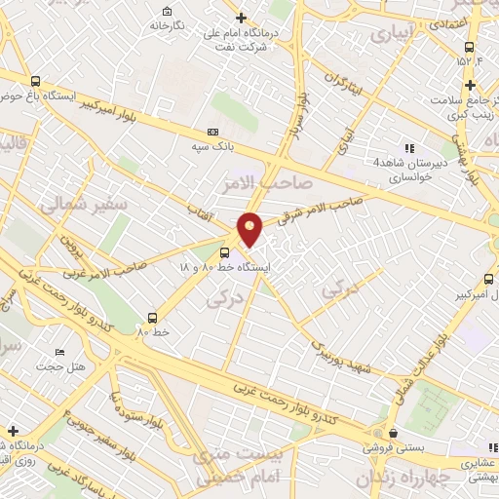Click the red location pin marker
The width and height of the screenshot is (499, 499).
(250, 228)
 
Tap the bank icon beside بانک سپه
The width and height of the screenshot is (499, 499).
(213, 133)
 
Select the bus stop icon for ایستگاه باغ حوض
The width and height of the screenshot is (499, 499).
(36, 82)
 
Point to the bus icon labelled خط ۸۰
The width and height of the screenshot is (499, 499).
(153, 317)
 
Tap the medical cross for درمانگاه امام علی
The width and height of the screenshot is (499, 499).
(242, 18)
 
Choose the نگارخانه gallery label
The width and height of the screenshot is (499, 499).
(167, 25)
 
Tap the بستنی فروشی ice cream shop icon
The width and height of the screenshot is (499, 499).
(392, 433)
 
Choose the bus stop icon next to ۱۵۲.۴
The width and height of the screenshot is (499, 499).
(469, 47)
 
